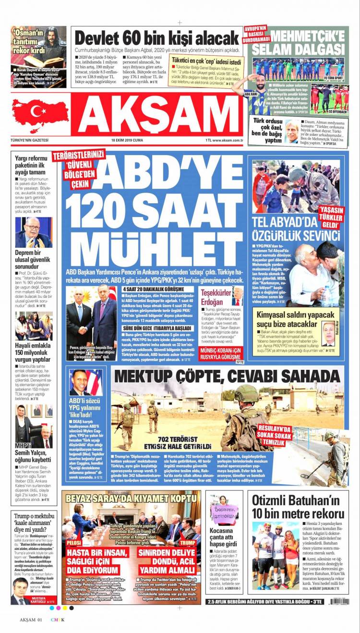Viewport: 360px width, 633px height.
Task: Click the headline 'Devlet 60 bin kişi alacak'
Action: (156, 38)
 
